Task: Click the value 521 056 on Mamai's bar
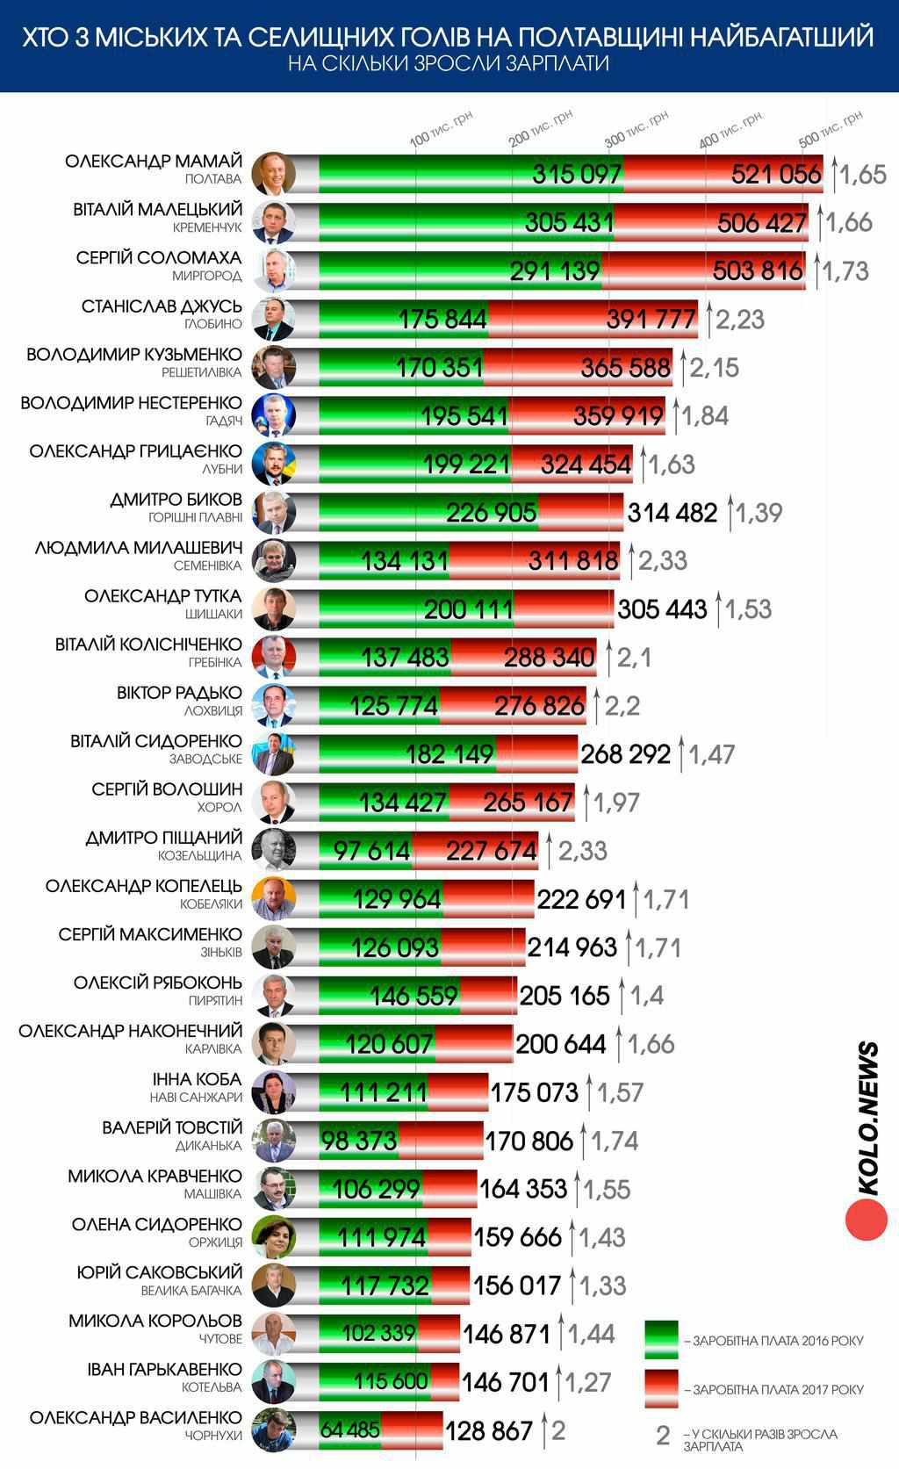point(776,174)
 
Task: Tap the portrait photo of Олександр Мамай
point(273,174)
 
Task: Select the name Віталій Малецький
point(158,210)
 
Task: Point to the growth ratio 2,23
point(740,320)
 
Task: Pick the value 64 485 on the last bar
point(350,1429)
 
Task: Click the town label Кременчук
point(207,227)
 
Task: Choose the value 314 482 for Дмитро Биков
point(672,513)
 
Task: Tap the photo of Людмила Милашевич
point(273,560)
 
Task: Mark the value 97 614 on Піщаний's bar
point(372,851)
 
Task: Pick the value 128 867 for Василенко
point(489,1430)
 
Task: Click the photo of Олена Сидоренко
point(273,1236)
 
